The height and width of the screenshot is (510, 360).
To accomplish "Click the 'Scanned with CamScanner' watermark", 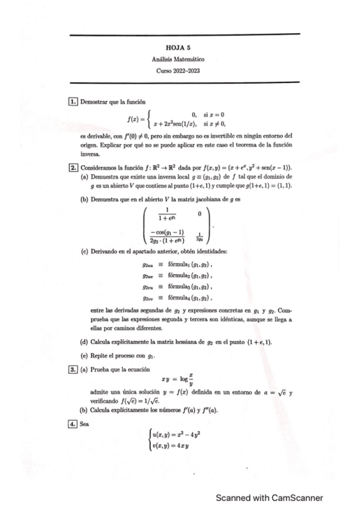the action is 270,497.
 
